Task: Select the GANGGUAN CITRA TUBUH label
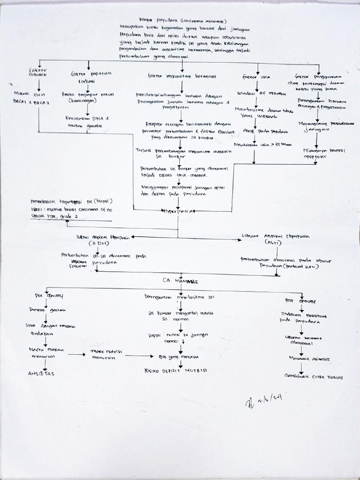click(314, 376)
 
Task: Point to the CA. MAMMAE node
click(180, 281)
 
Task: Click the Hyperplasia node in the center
click(176, 211)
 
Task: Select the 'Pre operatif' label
click(49, 296)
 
